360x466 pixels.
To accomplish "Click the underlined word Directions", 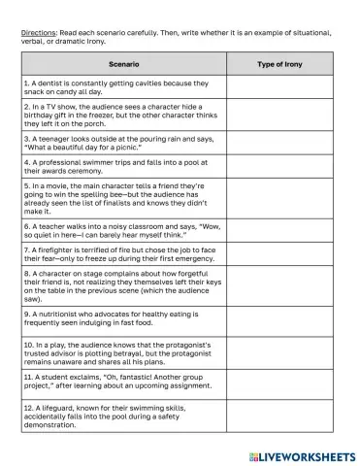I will (38, 33).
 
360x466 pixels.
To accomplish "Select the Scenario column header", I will (122, 64).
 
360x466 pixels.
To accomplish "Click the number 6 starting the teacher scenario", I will (27, 227).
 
